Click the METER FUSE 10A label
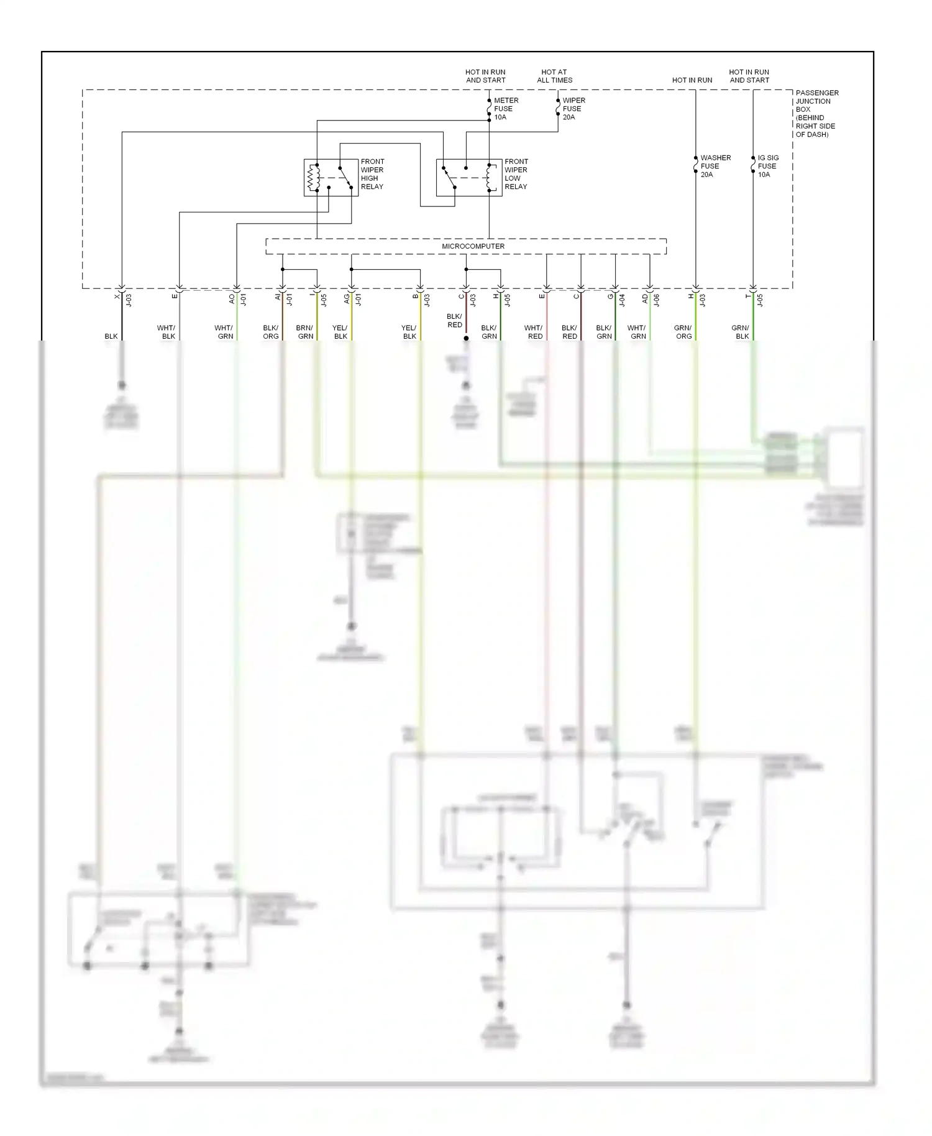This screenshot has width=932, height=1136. click(506, 109)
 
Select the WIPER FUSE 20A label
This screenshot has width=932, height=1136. click(573, 109)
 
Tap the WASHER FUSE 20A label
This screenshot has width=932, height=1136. click(715, 166)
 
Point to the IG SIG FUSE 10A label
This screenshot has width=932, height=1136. click(767, 166)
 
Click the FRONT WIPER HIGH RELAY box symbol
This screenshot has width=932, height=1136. click(331, 178)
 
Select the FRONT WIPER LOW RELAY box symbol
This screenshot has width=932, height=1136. click(468, 178)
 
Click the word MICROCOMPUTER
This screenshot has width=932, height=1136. click(473, 247)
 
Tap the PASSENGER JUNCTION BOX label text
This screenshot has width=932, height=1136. click(816, 113)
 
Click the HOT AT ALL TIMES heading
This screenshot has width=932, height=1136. click(554, 76)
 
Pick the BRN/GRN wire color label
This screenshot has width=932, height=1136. click(304, 332)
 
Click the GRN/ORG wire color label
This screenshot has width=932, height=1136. click(683, 332)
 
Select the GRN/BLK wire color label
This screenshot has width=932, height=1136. click(741, 332)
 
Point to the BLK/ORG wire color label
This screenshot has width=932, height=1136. click(270, 332)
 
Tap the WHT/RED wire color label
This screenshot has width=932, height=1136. click(534, 332)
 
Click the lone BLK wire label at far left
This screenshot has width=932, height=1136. click(111, 336)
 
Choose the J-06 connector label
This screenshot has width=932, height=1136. click(657, 300)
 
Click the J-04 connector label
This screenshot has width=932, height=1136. click(623, 300)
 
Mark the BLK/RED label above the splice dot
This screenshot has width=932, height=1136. click(454, 321)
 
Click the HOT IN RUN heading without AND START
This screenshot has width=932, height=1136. click(692, 80)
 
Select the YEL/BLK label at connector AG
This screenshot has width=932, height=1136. click(340, 332)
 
